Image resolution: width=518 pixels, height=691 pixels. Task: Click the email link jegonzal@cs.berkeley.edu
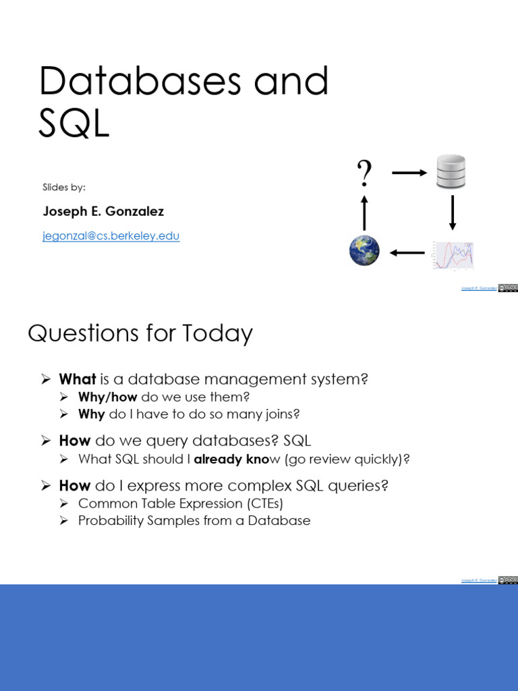coord(111,236)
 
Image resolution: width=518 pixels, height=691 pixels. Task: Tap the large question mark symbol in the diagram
coord(364,173)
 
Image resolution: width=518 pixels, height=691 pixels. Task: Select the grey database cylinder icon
coord(451,171)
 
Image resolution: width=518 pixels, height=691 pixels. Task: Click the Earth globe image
coord(364,251)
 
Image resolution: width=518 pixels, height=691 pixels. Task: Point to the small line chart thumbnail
coord(454,255)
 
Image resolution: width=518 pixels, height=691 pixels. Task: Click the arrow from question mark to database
coord(409,173)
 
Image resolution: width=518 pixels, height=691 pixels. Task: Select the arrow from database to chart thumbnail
coord(453,213)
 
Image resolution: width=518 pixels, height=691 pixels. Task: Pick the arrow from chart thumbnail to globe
coord(407,253)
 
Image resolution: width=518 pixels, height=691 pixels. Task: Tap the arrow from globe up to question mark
coord(364,213)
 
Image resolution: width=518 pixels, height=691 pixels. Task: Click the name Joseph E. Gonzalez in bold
coord(103,211)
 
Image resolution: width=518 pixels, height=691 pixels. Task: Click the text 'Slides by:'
coord(64,187)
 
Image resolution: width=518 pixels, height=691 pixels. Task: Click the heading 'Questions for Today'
coord(140,333)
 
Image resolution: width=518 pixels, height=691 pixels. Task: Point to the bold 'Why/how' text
coord(108,397)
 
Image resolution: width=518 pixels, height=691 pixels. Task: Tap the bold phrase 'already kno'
coord(231,460)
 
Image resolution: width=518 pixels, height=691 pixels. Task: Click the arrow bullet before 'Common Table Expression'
coord(64,503)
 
